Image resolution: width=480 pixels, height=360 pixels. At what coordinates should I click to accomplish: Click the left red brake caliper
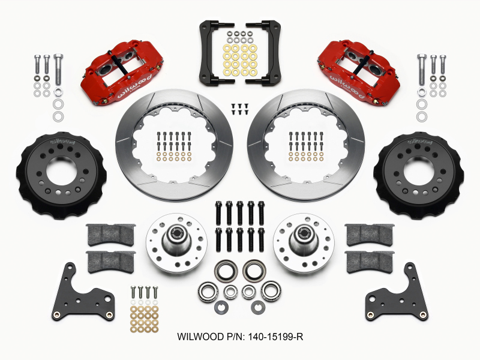tap(124, 74)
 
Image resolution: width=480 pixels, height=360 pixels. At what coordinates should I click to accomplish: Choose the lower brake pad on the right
tap(369, 260)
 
